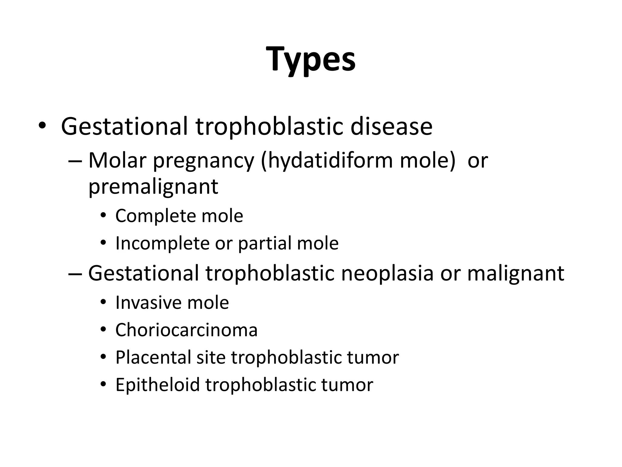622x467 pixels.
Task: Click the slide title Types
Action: click(311, 59)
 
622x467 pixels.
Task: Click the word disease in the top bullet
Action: click(391, 126)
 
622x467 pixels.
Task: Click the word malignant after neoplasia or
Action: click(515, 273)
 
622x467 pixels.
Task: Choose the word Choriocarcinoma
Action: click(186, 330)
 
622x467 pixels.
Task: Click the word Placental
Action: click(153, 357)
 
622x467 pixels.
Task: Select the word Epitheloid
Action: click(157, 385)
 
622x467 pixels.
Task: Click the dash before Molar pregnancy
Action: click(75, 161)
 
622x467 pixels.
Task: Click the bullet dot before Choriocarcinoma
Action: click(103, 330)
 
